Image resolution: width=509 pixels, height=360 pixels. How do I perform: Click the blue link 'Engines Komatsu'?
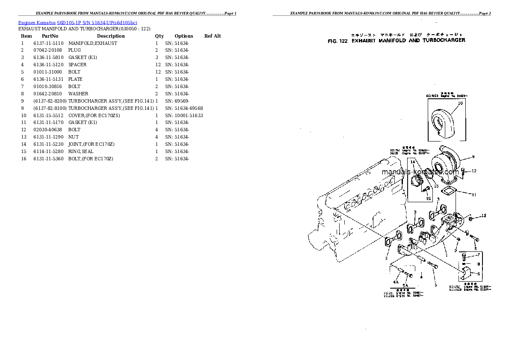(x=37, y=22)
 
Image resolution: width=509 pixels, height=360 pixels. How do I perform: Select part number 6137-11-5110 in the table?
(x=48, y=43)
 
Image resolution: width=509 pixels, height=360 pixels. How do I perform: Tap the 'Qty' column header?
(x=159, y=36)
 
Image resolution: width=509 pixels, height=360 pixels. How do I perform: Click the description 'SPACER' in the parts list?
(x=77, y=65)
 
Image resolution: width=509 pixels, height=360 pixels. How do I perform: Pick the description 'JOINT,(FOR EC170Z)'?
(x=91, y=144)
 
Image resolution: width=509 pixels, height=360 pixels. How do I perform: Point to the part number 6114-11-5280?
(x=48, y=151)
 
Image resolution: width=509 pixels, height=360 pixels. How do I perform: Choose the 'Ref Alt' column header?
(x=213, y=36)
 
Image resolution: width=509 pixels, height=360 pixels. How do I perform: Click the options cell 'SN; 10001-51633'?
(x=184, y=115)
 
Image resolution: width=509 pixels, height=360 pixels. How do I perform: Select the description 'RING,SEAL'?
(x=80, y=151)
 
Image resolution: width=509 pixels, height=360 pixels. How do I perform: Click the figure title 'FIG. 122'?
(x=338, y=41)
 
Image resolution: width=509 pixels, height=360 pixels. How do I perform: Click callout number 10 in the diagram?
(x=460, y=103)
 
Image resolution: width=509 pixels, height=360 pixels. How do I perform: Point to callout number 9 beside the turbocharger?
(x=473, y=156)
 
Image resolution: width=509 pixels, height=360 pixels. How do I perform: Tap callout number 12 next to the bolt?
(x=473, y=171)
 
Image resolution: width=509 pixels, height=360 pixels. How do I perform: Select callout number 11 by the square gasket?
(x=473, y=195)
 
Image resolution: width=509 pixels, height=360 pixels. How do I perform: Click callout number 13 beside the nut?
(x=483, y=215)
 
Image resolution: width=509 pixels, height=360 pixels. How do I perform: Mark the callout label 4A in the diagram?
(x=396, y=283)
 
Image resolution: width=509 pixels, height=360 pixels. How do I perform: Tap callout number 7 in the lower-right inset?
(x=479, y=255)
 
